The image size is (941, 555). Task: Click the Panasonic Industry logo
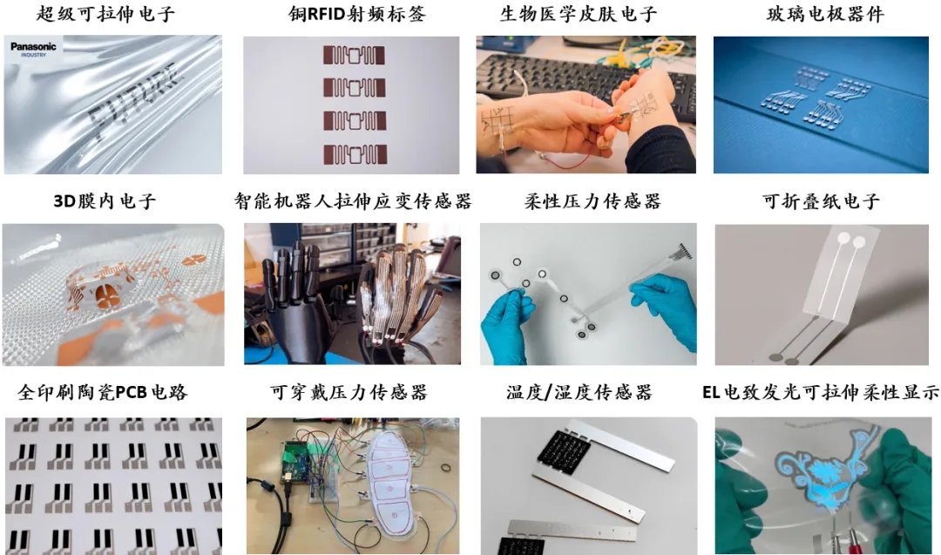pyautogui.click(x=33, y=49)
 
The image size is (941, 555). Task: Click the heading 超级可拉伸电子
pyautogui.click(x=105, y=14)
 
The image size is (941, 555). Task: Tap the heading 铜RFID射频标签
pyautogui.click(x=357, y=14)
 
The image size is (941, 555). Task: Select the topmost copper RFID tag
pyautogui.click(x=354, y=55)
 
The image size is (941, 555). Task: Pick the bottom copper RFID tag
pyautogui.click(x=354, y=154)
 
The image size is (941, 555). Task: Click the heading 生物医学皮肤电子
pyautogui.click(x=579, y=14)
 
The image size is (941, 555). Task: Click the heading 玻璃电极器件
pyautogui.click(x=825, y=14)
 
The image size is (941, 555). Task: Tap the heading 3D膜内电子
pyautogui.click(x=105, y=200)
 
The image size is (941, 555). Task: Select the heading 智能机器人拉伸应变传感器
pyautogui.click(x=353, y=200)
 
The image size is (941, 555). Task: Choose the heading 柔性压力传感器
pyautogui.click(x=592, y=200)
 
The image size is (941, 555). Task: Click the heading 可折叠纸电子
pyautogui.click(x=821, y=200)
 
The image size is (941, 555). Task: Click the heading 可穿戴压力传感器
pyautogui.click(x=349, y=392)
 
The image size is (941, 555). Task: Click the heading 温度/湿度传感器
pyautogui.click(x=579, y=392)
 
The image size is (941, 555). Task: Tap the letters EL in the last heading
pyautogui.click(x=711, y=392)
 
